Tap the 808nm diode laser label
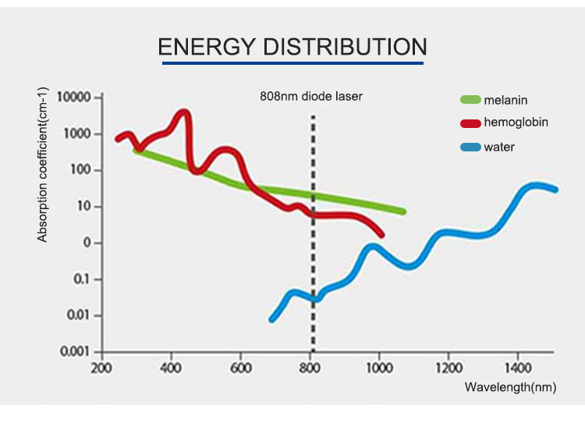(x=311, y=98)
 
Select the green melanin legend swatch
(x=470, y=100)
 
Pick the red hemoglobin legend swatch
(x=470, y=123)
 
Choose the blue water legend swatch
(x=470, y=146)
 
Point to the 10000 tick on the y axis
(x=76, y=98)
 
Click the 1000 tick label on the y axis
(x=78, y=134)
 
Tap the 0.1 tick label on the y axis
(x=83, y=279)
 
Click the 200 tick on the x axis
(x=100, y=368)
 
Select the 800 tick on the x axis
(x=310, y=368)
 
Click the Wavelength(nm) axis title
(x=510, y=387)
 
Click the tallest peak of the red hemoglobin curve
(x=184, y=113)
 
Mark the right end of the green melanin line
(x=402, y=211)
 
